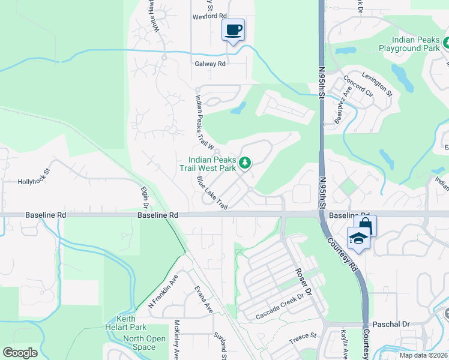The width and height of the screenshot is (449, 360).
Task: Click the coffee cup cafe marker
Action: click(233, 29)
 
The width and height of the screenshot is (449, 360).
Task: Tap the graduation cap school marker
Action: click(358, 238)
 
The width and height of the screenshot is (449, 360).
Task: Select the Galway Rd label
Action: click(209, 64)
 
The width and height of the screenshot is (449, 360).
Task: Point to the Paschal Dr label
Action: click(391, 324)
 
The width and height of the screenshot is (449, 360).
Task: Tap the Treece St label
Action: click(303, 337)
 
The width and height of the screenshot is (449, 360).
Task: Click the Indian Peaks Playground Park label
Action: click(410, 43)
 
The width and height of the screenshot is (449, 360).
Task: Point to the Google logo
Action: click(20, 353)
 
